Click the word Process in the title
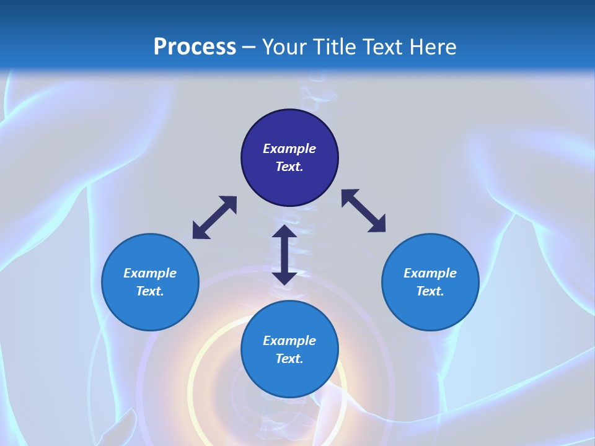[195, 47]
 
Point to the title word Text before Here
[383, 47]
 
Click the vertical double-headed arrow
[284, 255]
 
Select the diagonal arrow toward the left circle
[214, 217]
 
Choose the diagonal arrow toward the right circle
[364, 211]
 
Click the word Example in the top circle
[289, 149]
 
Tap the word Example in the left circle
[150, 273]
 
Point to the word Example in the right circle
[430, 273]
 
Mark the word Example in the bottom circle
[289, 341]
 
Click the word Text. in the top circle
[289, 167]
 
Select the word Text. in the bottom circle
[289, 359]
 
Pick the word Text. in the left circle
[150, 291]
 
